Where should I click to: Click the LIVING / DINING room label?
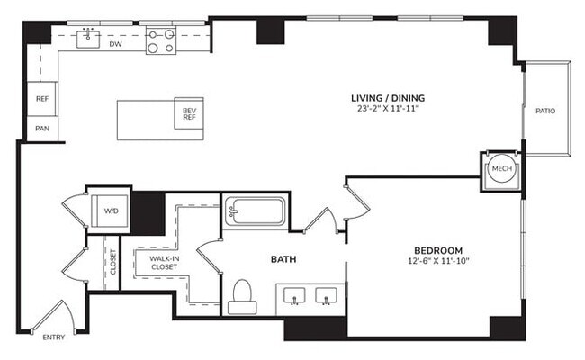388,97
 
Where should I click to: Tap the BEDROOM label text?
438,249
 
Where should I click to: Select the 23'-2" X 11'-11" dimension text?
388,109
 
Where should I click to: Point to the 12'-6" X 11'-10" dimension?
438,261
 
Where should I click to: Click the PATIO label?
545,112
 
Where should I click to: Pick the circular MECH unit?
499,169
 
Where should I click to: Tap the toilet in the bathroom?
242,296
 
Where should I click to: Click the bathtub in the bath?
254,213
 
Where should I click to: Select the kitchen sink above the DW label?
88,38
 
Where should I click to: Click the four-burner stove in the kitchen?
162,41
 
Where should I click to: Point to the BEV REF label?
189,113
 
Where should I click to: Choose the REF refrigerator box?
42,99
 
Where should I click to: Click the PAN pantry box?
42,129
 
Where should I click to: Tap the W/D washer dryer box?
111,211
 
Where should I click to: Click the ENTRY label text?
54,337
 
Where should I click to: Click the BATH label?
284,259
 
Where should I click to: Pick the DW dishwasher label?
115,43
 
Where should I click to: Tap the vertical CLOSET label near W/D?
112,261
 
